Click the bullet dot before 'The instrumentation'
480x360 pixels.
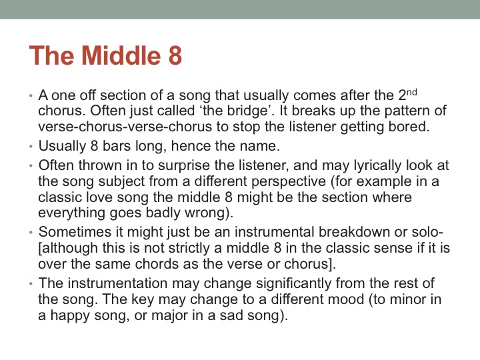[31, 285]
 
